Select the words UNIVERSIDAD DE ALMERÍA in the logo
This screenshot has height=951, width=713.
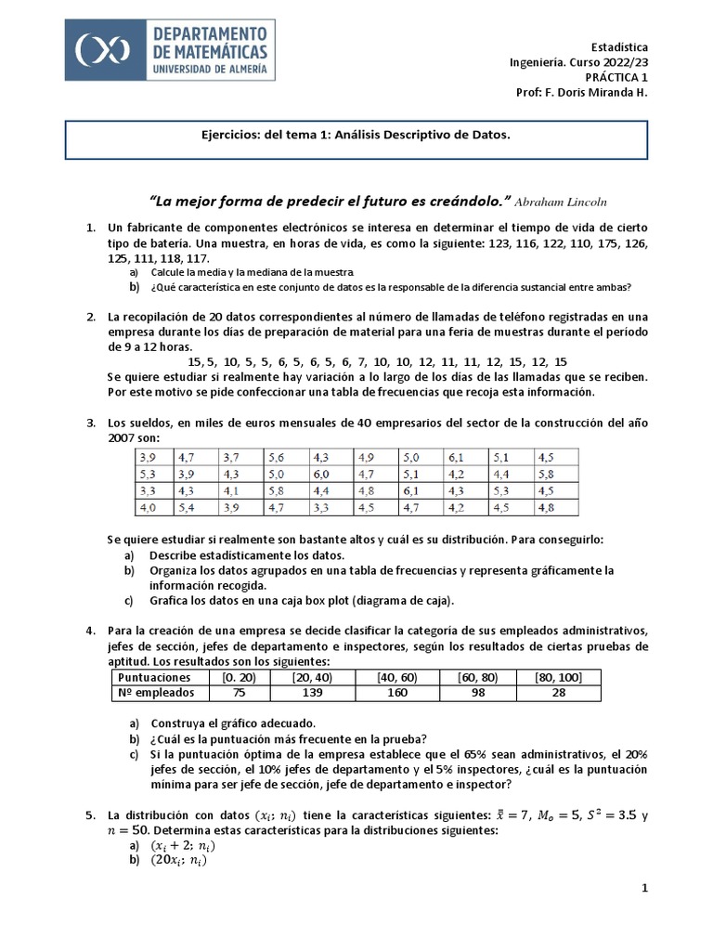pos(208,69)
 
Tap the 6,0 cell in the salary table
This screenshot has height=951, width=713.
pos(321,474)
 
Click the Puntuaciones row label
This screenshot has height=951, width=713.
pos(155,677)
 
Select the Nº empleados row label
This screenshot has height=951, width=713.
pos(155,693)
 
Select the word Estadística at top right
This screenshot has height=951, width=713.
pos(619,47)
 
